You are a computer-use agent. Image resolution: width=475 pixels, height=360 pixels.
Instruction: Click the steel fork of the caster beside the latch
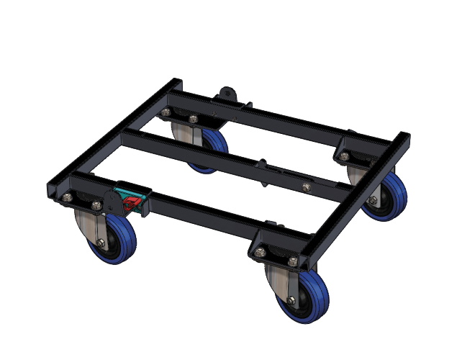84,227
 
